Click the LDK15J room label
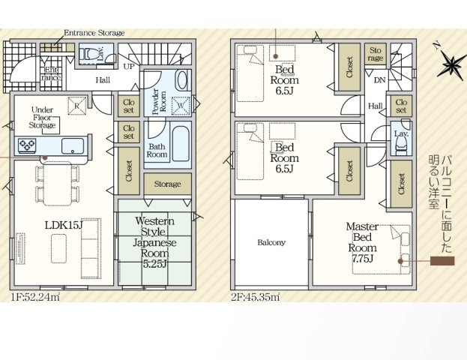[64, 225]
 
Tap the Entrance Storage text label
[94, 33]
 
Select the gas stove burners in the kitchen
[27, 145]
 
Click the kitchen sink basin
[73, 146]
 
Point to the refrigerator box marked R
[77, 106]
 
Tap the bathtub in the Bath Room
[181, 144]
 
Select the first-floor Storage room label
[167, 184]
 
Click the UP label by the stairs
[129, 66]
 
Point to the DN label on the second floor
[379, 79]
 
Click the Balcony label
[271, 242]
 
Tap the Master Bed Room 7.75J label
[362, 242]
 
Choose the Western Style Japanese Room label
[154, 242]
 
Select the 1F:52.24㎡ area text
[35, 297]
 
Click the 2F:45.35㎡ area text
[256, 297]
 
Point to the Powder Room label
[160, 101]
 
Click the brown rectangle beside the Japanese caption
[442, 261]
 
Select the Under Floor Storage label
[42, 118]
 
